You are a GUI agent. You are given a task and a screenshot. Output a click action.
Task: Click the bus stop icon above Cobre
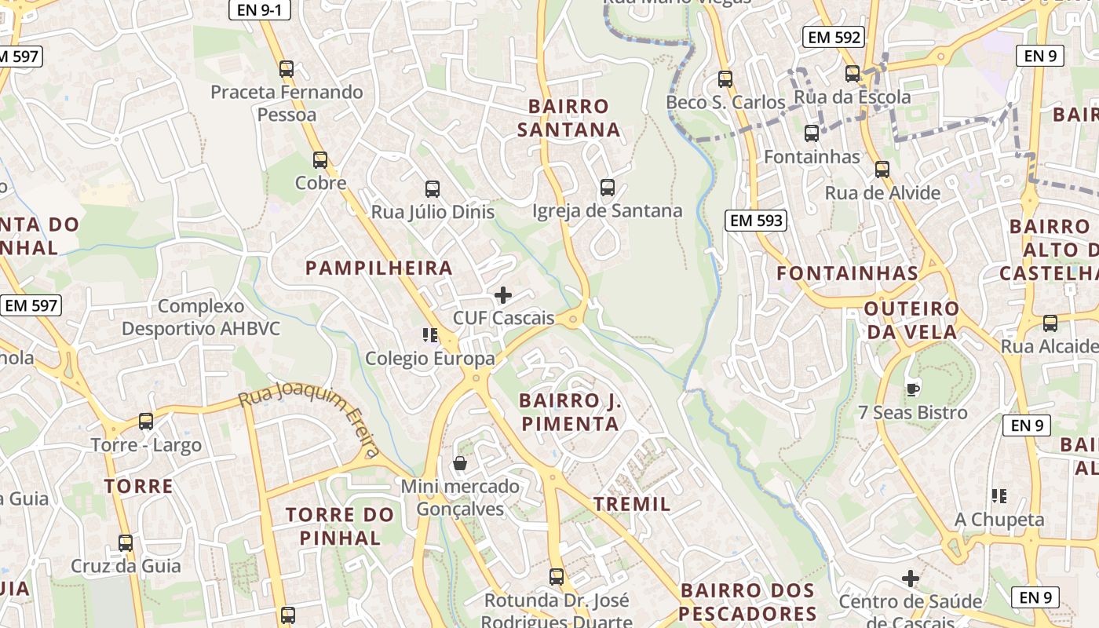coord(320,160)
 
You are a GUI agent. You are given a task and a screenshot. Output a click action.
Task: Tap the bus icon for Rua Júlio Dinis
coord(433,188)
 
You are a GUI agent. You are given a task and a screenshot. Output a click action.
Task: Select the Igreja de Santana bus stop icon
coord(608,187)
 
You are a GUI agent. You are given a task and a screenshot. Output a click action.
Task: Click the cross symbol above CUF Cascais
coord(503,295)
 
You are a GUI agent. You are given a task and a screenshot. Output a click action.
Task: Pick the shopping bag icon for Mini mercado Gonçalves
coord(460,463)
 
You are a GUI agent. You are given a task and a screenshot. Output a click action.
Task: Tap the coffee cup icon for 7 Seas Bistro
coord(912,389)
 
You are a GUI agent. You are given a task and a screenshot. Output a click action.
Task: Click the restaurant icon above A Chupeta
coord(999,495)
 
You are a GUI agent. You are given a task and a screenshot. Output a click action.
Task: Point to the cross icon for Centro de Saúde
coord(911,579)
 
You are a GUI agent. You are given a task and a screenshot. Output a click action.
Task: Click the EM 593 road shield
coord(756,221)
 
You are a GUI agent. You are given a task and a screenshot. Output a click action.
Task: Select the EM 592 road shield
coord(834,37)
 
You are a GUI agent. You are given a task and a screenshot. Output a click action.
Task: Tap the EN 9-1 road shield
coord(260,10)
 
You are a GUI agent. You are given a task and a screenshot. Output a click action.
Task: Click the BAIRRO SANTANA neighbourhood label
coord(569,118)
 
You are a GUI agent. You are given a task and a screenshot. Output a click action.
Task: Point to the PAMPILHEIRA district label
coord(379,268)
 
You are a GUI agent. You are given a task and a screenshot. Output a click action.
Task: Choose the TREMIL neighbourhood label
coord(632,504)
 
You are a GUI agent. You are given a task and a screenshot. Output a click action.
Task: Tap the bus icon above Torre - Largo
coord(146,422)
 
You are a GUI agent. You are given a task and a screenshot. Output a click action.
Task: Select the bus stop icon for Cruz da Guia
coord(126,542)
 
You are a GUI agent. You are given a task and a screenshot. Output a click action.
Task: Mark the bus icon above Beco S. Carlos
coord(725,78)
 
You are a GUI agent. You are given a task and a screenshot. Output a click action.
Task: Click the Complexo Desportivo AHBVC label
coord(201,317)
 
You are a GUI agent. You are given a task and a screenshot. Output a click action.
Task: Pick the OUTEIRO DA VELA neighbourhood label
coord(911,320)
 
